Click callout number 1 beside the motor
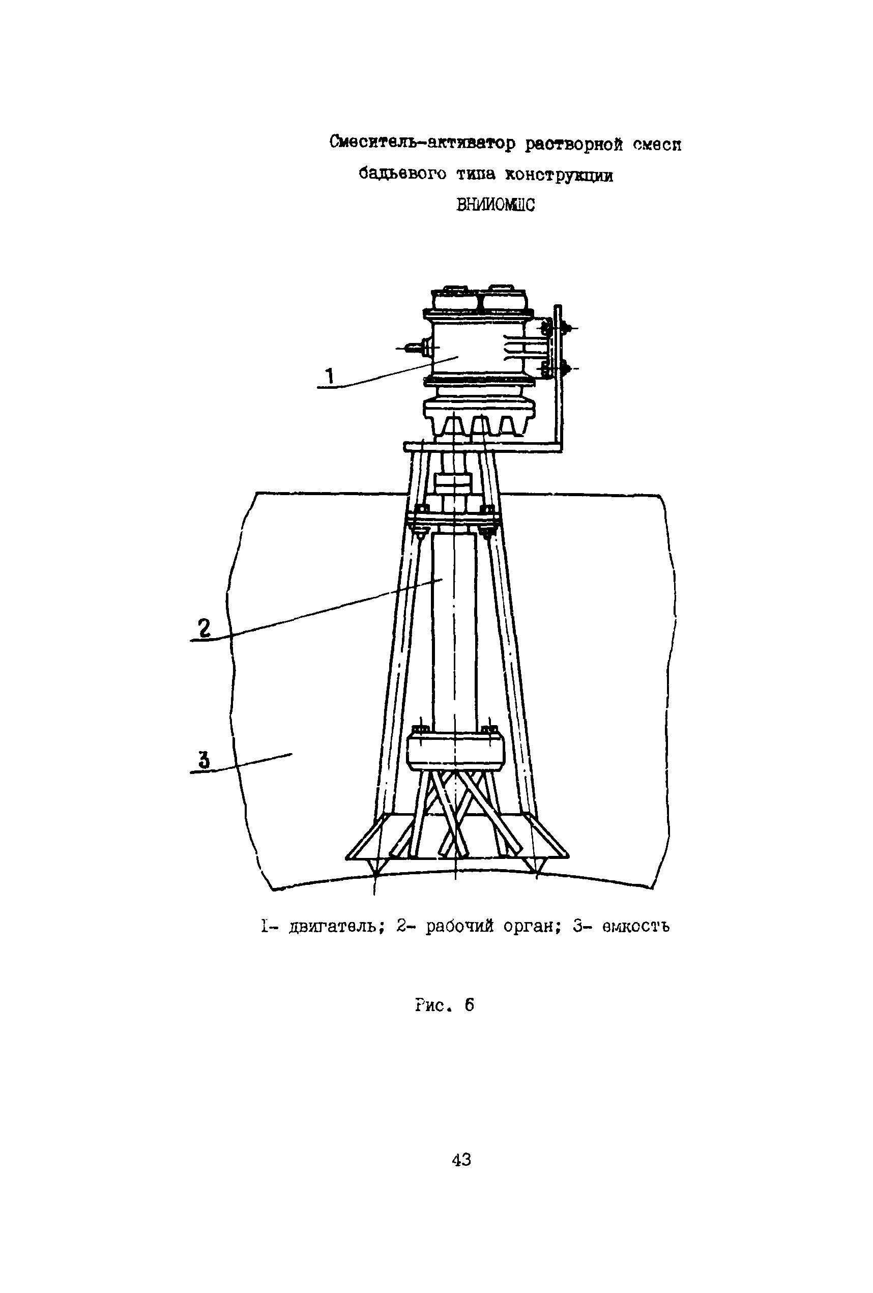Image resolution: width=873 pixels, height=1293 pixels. pos(329,377)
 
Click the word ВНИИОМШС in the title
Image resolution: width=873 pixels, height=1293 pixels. pos(494,205)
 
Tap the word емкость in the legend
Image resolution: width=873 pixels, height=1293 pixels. pos(635,926)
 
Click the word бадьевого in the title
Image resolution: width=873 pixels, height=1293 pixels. pos(402,175)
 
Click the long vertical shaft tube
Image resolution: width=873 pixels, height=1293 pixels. pos(454,629)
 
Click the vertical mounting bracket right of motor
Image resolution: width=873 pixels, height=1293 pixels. pos(558,378)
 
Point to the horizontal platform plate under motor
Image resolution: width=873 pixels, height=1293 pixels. pos(479,447)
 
